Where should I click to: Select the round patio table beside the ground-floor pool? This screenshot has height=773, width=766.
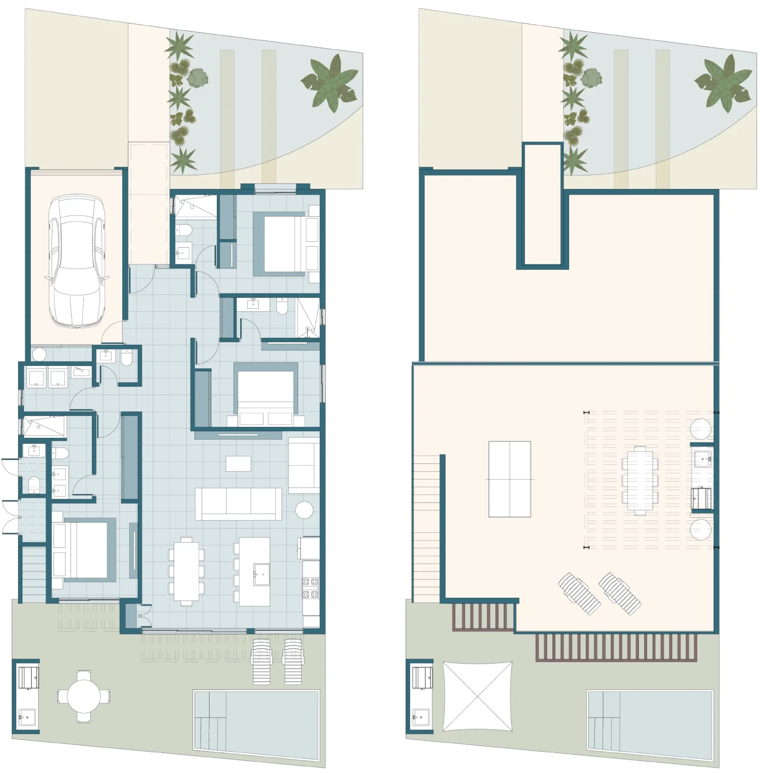[x=84, y=696]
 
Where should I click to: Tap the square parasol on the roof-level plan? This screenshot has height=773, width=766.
[x=477, y=696]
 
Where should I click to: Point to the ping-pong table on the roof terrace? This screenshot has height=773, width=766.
[x=509, y=479]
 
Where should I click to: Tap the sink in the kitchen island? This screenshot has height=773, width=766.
[x=262, y=574]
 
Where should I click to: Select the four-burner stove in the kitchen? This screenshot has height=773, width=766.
[x=310, y=588]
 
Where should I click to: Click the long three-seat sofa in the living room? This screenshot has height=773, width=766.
[x=238, y=503]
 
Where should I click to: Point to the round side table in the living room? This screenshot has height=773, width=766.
[x=304, y=510]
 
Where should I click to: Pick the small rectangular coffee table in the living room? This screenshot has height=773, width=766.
[x=238, y=463]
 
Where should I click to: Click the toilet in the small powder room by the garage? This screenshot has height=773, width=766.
[x=126, y=357]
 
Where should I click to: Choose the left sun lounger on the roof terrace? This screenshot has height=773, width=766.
[x=579, y=594]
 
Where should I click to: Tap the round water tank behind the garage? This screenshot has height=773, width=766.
[x=39, y=354]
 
